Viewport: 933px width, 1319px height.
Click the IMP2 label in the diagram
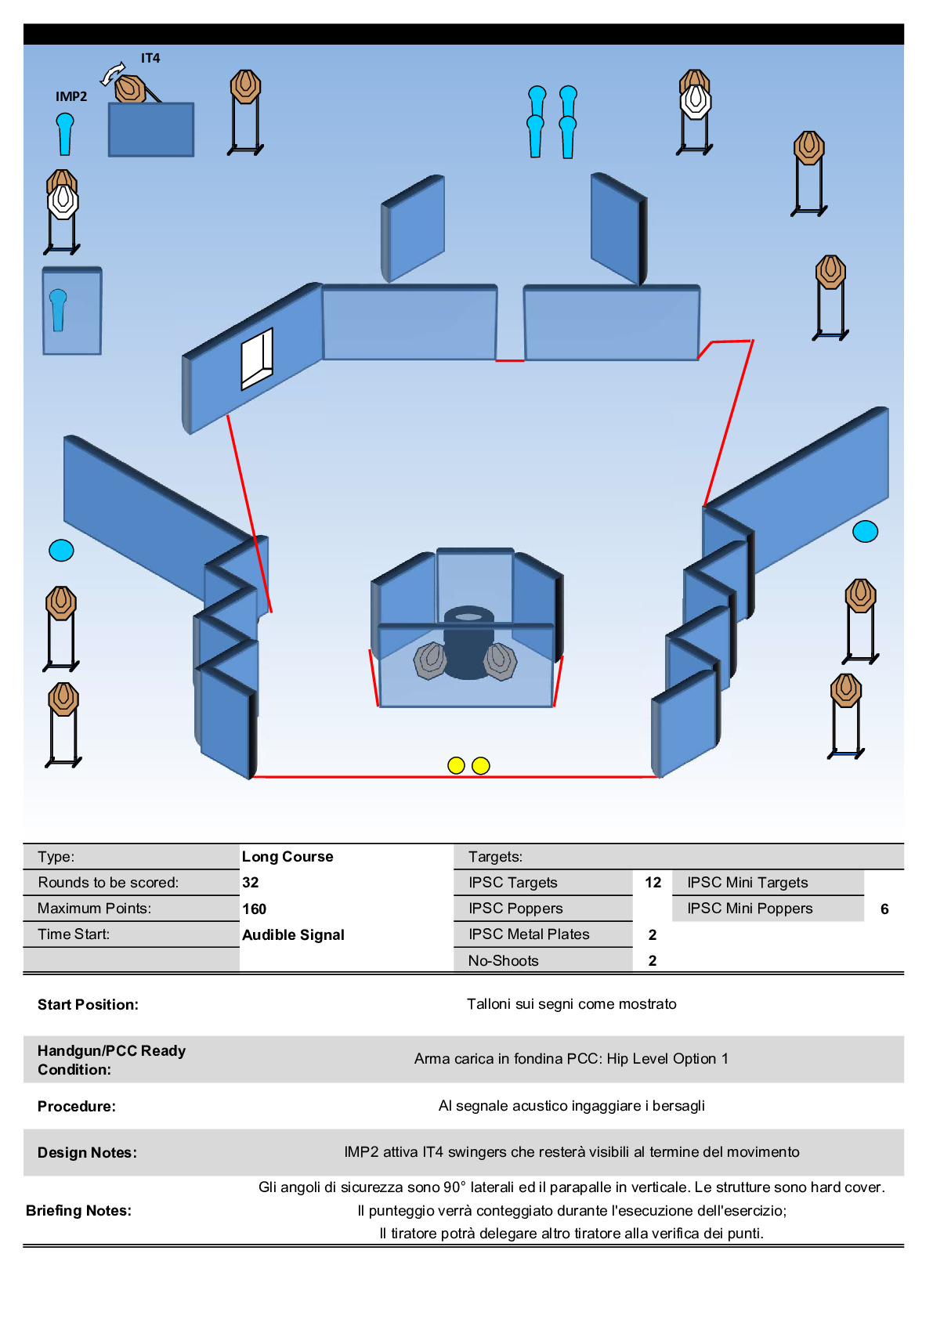click(71, 96)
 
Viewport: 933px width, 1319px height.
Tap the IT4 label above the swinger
click(150, 58)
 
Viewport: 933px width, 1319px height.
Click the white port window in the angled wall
click(257, 358)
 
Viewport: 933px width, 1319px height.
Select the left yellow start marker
click(456, 765)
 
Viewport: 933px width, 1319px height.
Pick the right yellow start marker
click(481, 765)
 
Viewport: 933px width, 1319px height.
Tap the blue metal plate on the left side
click(61, 551)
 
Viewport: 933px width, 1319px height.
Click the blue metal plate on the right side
click(865, 532)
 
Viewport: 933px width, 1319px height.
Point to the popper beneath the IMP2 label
click(65, 134)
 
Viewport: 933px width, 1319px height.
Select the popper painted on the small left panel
click(58, 309)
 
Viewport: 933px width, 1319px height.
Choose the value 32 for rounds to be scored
click(251, 883)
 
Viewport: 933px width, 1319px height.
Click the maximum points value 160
click(255, 909)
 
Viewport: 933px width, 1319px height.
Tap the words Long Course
click(287, 857)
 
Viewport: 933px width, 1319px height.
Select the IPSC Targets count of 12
click(653, 883)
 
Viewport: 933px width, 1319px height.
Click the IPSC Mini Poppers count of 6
click(884, 909)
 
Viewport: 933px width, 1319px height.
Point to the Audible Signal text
click(293, 935)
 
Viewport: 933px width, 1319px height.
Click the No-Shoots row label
click(504, 961)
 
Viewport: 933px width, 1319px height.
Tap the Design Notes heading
click(87, 1153)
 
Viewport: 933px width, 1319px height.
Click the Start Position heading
click(88, 1005)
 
